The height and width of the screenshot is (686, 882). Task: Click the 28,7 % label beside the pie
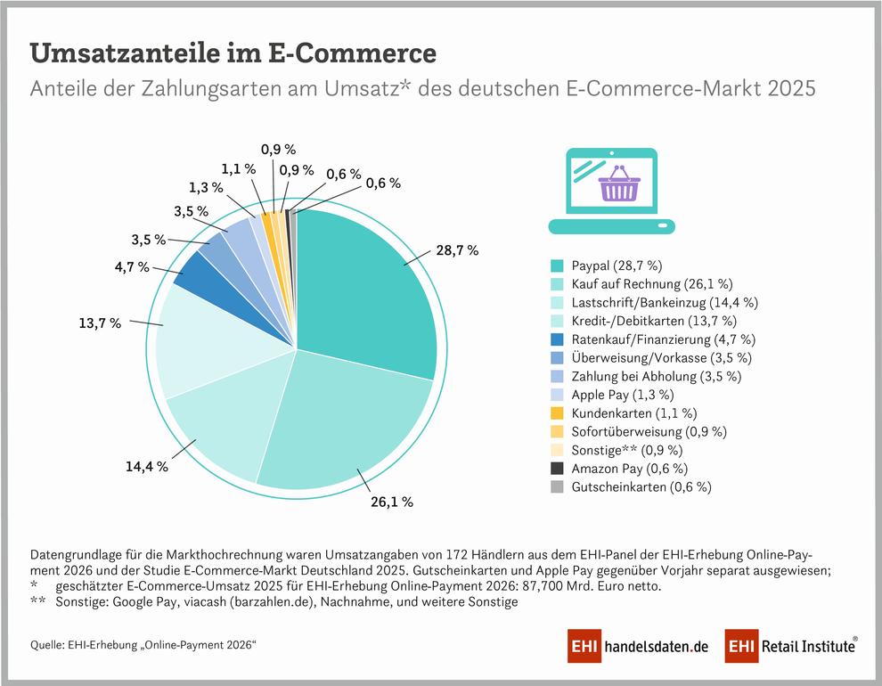[457, 250]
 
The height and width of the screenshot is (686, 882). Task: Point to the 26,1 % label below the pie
[392, 502]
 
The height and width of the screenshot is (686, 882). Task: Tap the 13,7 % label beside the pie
[100, 323]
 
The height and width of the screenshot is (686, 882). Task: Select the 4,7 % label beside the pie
[132, 266]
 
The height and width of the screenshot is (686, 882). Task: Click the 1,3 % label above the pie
[206, 187]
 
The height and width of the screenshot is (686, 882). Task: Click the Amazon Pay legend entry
[619, 469]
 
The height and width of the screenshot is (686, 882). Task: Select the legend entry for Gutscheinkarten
[631, 487]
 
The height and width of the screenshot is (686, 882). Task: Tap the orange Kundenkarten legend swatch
[556, 413]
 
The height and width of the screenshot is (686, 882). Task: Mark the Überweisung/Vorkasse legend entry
[651, 357]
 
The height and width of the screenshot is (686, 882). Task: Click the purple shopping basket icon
[619, 184]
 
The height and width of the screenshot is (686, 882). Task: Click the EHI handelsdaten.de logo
[638, 646]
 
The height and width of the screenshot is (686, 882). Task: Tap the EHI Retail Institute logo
[791, 646]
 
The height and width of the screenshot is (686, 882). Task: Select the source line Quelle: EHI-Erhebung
[143, 645]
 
